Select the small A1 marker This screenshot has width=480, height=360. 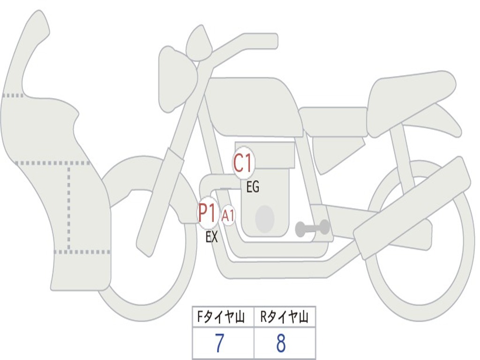pyautogui.click(x=228, y=216)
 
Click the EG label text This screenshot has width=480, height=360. pyautogui.click(x=253, y=188)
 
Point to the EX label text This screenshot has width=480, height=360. pyautogui.click(x=212, y=237)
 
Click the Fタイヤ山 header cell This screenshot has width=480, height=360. pyautogui.click(x=223, y=318)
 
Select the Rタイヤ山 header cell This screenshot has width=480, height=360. pyautogui.click(x=285, y=318)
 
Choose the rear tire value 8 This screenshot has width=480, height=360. pyautogui.click(x=281, y=344)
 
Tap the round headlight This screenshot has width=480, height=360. pyautogui.click(x=176, y=77)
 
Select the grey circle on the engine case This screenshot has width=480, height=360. pyautogui.click(x=264, y=218)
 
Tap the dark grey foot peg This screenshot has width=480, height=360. pyautogui.click(x=312, y=229)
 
